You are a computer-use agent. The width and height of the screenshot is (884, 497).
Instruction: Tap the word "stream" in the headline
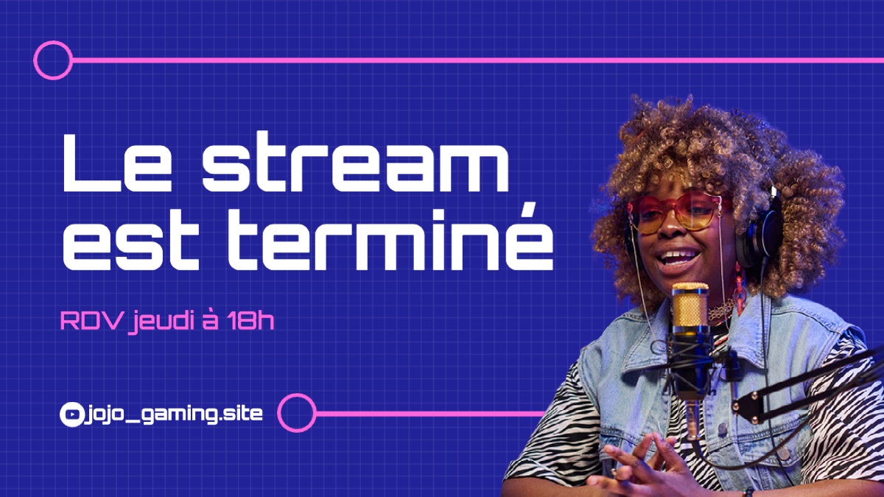(x=355, y=163)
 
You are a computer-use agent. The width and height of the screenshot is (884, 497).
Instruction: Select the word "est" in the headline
(x=131, y=241)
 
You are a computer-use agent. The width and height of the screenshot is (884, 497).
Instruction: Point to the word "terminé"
(x=390, y=236)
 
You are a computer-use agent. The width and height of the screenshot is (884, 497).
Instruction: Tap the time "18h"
(x=250, y=320)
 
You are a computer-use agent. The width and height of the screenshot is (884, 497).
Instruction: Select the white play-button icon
(x=72, y=414)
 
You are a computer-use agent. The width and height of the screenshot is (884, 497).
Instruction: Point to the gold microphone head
(x=691, y=306)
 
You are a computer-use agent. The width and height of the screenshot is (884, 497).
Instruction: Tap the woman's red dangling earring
(x=739, y=287)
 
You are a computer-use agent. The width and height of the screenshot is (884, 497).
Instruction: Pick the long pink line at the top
(x=477, y=60)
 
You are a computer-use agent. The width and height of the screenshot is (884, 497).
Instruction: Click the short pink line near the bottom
(x=431, y=414)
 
